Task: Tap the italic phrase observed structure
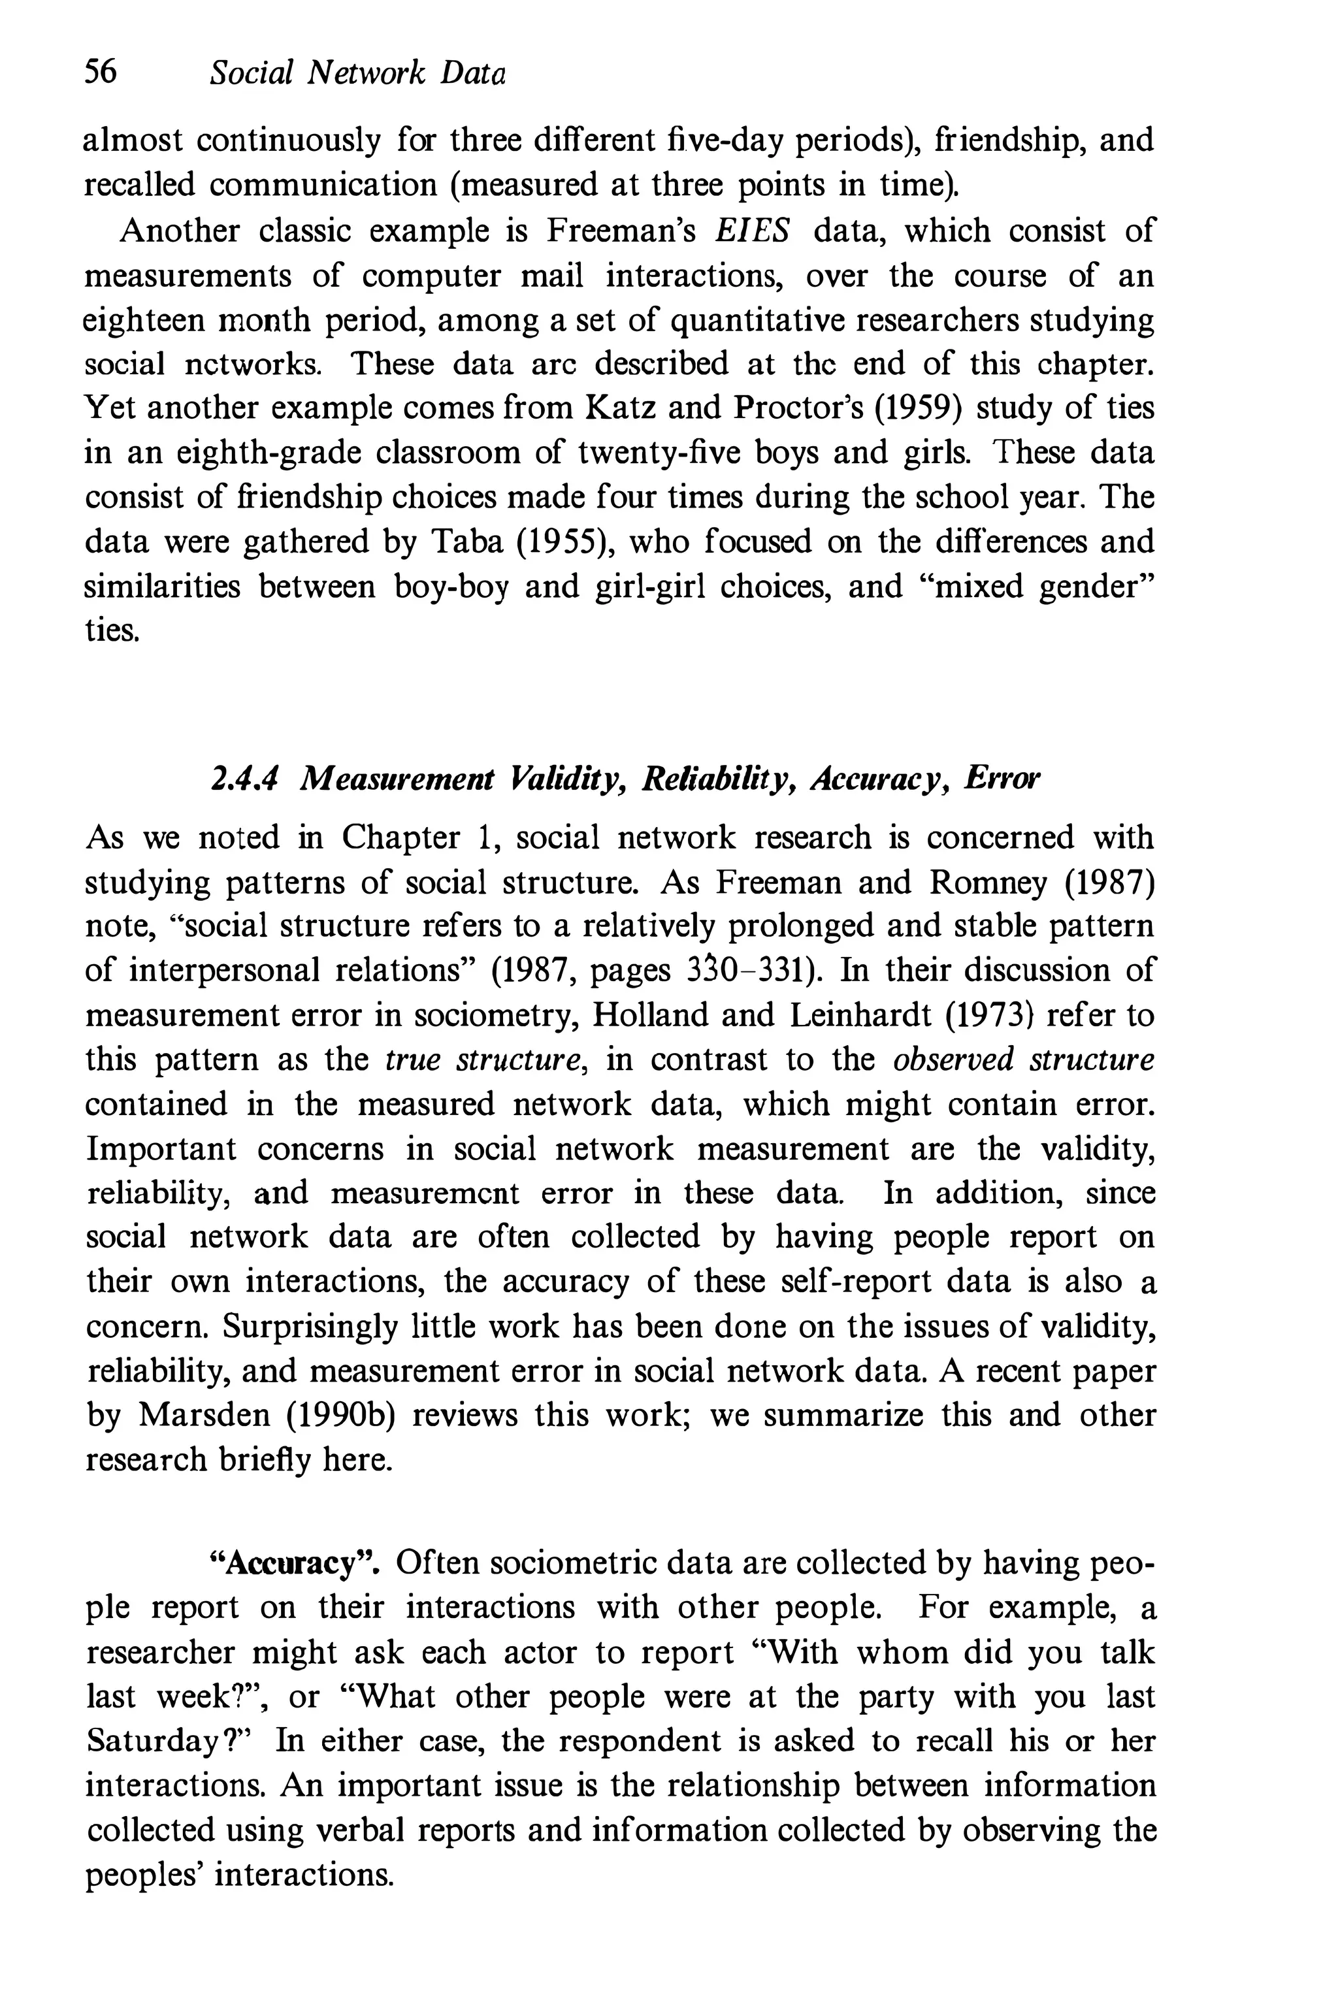1023,1060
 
